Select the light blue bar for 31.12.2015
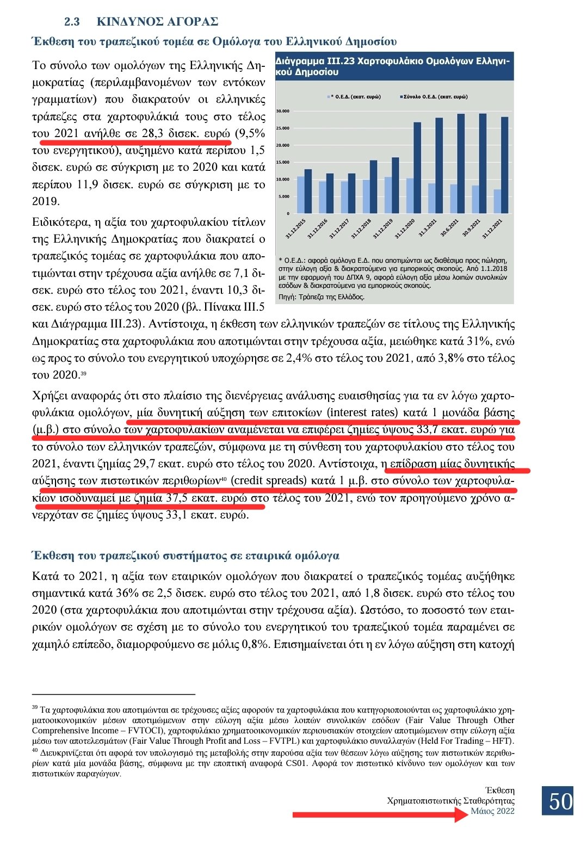click(x=301, y=194)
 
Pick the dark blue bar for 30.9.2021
click(x=483, y=163)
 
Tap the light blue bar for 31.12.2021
click(x=497, y=201)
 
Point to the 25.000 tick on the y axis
click(x=283, y=128)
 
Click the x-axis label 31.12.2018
click(x=362, y=229)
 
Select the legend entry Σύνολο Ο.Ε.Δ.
click(x=435, y=97)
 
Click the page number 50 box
click(x=560, y=800)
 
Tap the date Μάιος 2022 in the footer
click(x=492, y=811)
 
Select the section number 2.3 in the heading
click(x=72, y=22)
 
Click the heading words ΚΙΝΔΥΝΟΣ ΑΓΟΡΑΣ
click(x=157, y=22)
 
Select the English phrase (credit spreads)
click(x=269, y=481)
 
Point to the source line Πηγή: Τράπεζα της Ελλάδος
click(x=322, y=297)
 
